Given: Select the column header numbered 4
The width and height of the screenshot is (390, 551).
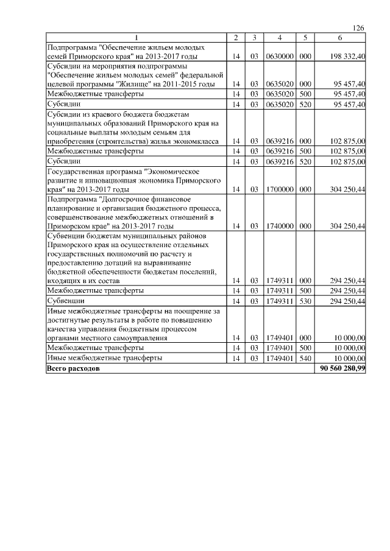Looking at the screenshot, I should click(x=278, y=38).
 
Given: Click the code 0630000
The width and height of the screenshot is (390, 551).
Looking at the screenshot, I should click(x=278, y=57).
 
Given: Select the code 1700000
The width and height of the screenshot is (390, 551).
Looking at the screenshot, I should click(x=278, y=190).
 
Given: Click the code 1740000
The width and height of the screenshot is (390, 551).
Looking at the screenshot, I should click(x=278, y=226).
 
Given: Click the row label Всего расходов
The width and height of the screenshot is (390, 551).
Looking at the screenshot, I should click(x=72, y=369).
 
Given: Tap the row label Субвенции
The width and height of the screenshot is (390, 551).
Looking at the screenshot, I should click(x=65, y=301).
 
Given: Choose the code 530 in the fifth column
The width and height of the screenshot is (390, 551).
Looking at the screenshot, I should click(x=305, y=301).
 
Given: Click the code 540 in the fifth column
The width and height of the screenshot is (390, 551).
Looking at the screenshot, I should click(x=305, y=359).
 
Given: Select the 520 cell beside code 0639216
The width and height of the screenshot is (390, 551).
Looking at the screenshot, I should click(x=305, y=161).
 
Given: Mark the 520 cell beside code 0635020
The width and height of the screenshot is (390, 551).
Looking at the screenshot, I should click(x=305, y=105).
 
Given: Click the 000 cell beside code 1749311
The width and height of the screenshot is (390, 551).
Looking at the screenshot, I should click(x=305, y=281).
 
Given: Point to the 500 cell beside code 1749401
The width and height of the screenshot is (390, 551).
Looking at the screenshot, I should click(x=305, y=348).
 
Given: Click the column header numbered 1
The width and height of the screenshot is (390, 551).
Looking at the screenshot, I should click(x=136, y=38).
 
